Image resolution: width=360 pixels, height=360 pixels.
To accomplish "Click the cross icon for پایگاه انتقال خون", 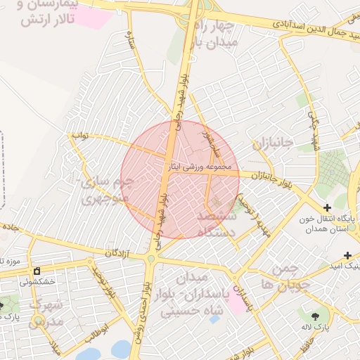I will (327, 207).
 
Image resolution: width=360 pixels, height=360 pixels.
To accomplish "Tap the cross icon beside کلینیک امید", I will (347, 255).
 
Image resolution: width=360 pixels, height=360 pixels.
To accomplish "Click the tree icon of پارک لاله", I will (314, 316).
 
